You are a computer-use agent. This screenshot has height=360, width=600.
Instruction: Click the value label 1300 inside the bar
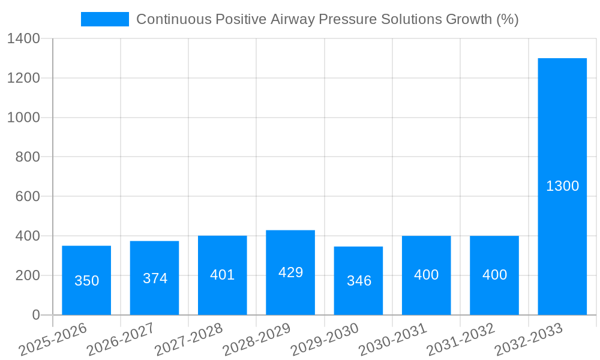[x=562, y=186]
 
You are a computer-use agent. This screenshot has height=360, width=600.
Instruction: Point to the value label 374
[x=155, y=278]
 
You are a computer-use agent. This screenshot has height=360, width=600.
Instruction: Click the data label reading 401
[x=223, y=275]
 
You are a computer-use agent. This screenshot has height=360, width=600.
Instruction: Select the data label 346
[x=359, y=281]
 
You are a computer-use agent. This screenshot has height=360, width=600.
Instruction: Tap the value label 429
[x=290, y=272]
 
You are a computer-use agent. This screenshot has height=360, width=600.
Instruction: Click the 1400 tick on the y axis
[x=23, y=39]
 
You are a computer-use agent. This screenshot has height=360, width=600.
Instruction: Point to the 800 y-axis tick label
[x=28, y=157]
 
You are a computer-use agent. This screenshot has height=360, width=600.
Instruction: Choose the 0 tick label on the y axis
[x=35, y=315]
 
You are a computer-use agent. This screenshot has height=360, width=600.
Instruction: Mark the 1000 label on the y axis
[x=23, y=118]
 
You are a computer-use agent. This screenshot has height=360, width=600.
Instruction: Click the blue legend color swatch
[x=105, y=19]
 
